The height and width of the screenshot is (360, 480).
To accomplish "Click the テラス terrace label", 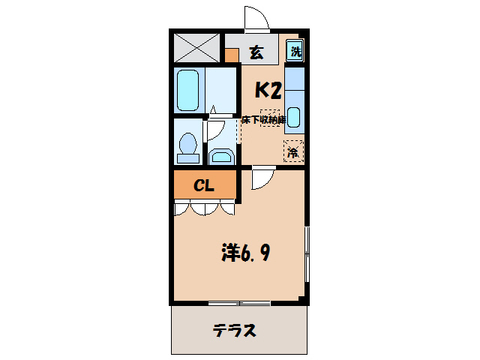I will (234, 330).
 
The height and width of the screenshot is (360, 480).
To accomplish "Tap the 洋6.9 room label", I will (245, 253).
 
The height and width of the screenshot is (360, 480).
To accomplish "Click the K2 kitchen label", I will (268, 91).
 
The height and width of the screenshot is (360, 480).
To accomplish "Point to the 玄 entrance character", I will (256, 52).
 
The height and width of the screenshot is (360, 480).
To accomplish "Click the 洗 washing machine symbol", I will (296, 52).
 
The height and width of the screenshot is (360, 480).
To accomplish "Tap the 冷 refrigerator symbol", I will (293, 151).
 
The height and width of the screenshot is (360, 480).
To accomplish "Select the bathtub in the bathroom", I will (188, 90).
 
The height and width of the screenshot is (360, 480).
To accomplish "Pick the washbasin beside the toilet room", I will (221, 156).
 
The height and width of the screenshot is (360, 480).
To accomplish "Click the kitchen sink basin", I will (294, 116).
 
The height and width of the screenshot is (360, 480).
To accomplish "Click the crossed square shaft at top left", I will (198, 49).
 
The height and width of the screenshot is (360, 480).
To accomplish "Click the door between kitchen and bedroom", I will (262, 178).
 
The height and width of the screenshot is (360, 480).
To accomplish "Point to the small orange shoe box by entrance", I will (232, 55).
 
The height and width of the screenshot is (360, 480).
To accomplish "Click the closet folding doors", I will (204, 208).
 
